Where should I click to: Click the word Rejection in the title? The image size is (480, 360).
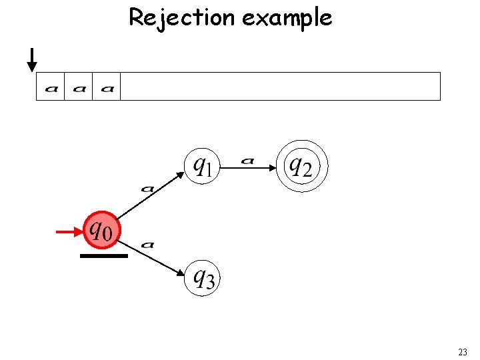point(182,17)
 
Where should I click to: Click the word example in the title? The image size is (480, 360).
point(287,18)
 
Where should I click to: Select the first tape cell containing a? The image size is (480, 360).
point(51,87)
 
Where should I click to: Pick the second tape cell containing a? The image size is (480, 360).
point(79,87)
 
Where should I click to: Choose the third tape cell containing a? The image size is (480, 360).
point(107,87)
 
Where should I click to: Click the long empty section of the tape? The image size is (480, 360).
point(280,87)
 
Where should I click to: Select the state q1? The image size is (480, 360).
point(201,165)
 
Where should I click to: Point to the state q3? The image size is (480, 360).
point(202,277)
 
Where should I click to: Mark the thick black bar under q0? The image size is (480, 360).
point(103,255)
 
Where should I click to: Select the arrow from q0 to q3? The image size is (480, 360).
point(153,257)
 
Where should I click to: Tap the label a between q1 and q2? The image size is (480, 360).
point(248,160)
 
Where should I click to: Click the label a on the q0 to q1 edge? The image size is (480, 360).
point(148,189)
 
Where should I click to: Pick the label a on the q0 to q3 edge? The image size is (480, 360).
point(148,245)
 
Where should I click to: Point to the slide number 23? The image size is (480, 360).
point(463,351)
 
